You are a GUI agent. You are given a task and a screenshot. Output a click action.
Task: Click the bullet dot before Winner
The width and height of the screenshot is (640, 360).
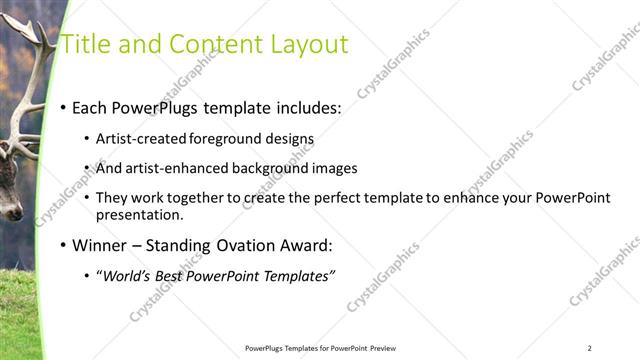64,246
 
